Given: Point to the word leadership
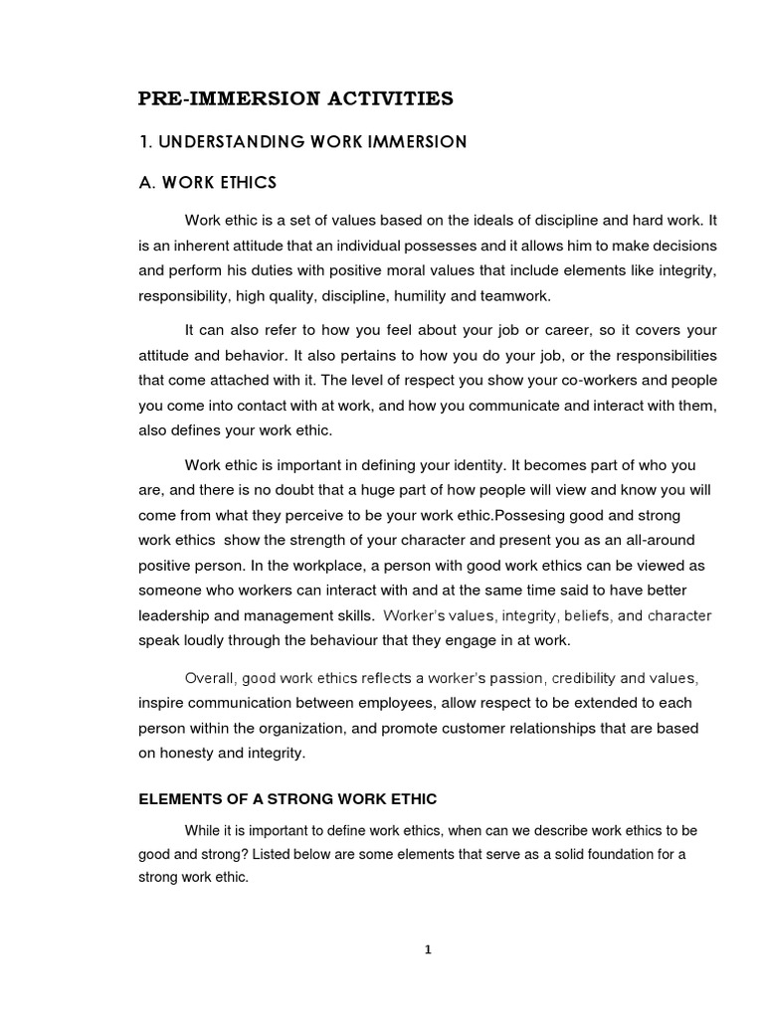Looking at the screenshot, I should point(173,615).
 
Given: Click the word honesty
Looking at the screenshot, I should point(187,754).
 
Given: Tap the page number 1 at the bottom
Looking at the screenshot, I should point(427,949).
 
